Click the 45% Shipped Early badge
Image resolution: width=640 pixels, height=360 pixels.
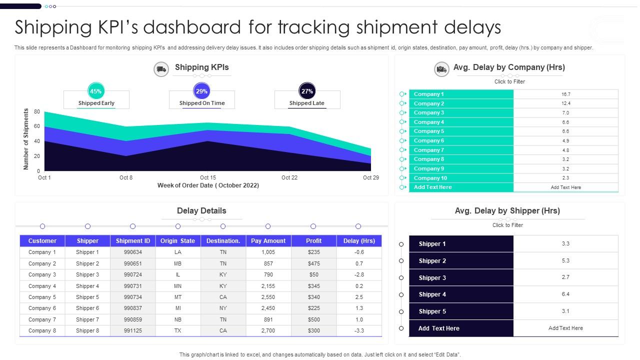(x=95, y=91)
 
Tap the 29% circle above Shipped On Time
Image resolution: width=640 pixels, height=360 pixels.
(x=201, y=91)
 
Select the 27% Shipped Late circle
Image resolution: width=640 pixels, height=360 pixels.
(x=307, y=91)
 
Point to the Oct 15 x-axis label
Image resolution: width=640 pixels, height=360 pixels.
(x=207, y=177)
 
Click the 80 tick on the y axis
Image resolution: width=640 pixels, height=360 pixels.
(x=37, y=111)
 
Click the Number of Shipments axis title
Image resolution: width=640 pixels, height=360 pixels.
(x=26, y=139)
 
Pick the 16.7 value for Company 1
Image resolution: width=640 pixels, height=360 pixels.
(x=565, y=94)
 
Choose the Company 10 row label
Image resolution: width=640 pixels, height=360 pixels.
(x=430, y=178)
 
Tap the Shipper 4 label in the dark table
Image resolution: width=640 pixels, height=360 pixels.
(x=432, y=294)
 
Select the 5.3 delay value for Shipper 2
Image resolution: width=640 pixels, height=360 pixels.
(x=565, y=260)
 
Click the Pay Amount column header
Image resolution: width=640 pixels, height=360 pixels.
(x=268, y=241)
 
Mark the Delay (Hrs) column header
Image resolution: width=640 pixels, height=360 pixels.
(x=359, y=241)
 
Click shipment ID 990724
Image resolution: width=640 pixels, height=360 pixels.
(x=133, y=274)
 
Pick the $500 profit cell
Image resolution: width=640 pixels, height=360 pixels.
(x=313, y=319)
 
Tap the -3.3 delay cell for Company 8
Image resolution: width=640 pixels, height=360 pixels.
(x=359, y=330)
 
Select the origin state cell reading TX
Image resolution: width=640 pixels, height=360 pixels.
(x=177, y=330)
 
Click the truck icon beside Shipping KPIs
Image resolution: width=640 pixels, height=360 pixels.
(x=161, y=69)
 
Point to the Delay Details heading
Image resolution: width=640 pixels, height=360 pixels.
(x=201, y=210)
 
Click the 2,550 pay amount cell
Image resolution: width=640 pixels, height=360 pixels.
(x=268, y=297)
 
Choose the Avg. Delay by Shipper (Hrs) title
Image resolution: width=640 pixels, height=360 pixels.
(x=507, y=210)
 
